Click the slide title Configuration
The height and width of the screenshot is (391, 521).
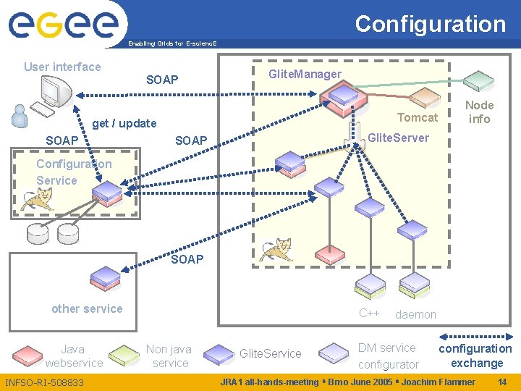tap(430, 24)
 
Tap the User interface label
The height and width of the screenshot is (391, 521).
tap(62, 67)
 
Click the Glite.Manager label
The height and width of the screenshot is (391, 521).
tap(305, 74)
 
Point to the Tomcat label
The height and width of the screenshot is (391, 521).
tap(418, 117)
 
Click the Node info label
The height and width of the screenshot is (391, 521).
tap(479, 112)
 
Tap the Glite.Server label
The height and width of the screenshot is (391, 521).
tap(398, 138)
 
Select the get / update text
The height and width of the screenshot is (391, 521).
tap(124, 123)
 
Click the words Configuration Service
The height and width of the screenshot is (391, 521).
tap(74, 172)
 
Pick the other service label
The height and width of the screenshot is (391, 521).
tap(87, 308)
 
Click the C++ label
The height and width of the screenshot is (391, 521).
tap(369, 314)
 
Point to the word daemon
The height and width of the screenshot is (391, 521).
tap(415, 314)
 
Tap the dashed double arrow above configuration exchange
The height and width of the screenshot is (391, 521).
tap(475, 335)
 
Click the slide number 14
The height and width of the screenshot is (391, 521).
tap(502, 382)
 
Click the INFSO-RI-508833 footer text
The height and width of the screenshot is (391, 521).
tap(44, 382)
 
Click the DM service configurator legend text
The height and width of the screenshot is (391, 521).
tap(388, 356)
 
